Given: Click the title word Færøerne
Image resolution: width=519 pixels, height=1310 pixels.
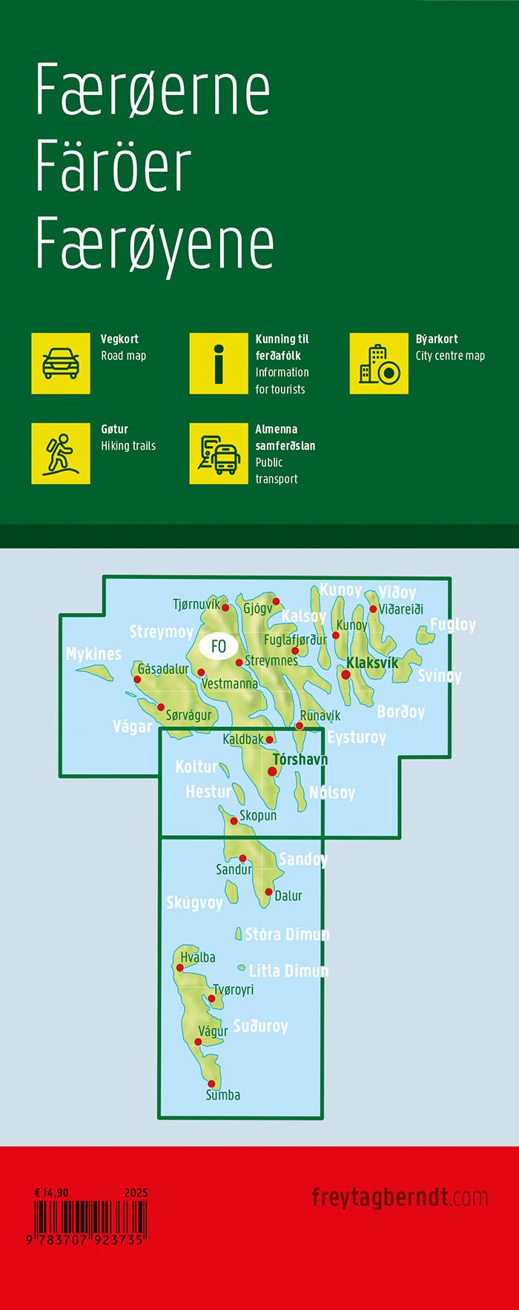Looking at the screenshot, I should [153, 89].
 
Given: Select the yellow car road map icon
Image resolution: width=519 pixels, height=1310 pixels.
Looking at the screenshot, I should [61, 363].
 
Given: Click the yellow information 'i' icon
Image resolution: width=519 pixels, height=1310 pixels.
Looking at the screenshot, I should [219, 363].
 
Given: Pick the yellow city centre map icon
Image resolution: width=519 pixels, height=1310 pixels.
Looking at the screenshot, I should [379, 363].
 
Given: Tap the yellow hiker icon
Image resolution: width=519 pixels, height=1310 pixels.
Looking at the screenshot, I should [61, 453].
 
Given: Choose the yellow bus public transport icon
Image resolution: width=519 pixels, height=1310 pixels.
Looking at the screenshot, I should [219, 453].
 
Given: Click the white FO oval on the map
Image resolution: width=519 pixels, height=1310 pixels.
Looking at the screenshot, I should [218, 645].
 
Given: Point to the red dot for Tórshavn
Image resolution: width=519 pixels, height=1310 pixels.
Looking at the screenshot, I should [272, 771].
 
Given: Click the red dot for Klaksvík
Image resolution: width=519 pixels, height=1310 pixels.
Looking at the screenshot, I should [346, 674].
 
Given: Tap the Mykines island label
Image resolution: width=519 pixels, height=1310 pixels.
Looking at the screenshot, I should [93, 654].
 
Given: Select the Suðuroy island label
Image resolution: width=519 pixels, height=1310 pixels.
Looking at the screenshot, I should [260, 1026].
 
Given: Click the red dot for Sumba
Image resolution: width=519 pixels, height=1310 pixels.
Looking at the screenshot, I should [211, 1083].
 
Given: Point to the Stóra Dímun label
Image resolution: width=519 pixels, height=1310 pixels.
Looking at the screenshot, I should [287, 934].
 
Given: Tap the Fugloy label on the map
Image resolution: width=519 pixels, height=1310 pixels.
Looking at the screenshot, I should [452, 625].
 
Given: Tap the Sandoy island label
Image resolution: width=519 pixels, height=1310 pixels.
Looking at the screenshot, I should [303, 860].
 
